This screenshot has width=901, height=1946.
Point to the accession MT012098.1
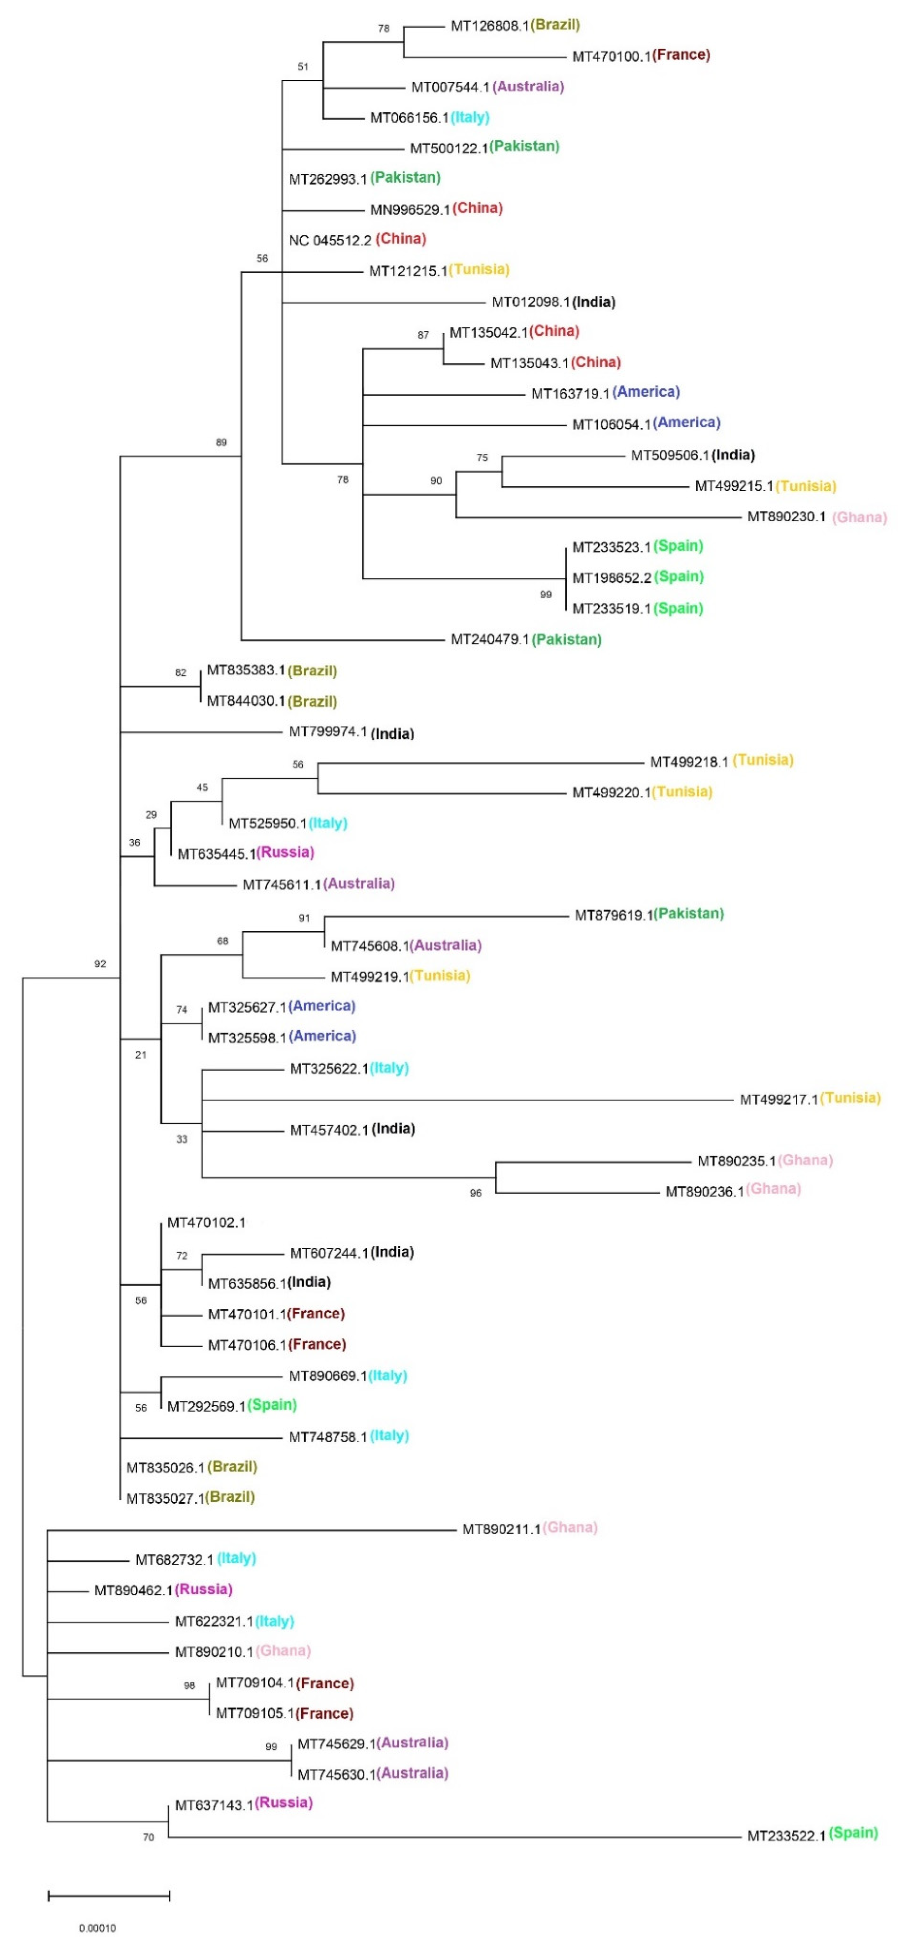pyautogui.click(x=531, y=302)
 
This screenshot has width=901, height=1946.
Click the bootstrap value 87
pyautogui.click(x=423, y=335)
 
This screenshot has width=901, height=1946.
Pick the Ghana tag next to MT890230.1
pyautogui.click(x=859, y=517)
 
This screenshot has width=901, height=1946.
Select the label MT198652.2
pyautogui.click(x=611, y=578)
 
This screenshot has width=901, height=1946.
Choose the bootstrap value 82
pyautogui.click(x=181, y=672)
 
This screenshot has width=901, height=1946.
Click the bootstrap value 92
pyautogui.click(x=100, y=964)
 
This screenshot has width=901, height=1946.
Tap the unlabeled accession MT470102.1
pyautogui.click(x=206, y=1222)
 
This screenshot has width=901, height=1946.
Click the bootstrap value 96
pyautogui.click(x=476, y=1194)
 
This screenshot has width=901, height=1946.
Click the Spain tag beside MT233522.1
pyautogui.click(x=853, y=1833)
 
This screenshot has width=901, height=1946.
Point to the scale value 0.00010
pyautogui.click(x=97, y=1928)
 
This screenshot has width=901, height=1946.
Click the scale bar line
pyautogui.click(x=109, y=1895)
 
